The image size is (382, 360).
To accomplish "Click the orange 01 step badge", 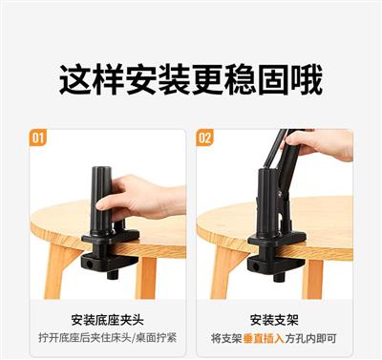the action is pos(37,138).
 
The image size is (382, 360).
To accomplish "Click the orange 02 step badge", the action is pos(204,138).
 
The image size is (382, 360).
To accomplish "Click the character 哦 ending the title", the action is pos(307,80).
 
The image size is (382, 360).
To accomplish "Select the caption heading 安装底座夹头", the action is pos(107,320).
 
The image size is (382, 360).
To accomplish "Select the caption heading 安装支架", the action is pos(274,320).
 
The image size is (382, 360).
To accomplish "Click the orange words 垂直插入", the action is pos(264,338).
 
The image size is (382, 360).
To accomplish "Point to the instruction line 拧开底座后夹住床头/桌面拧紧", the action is pos(108,338).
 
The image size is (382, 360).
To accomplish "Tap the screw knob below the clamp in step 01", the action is pos(113,274).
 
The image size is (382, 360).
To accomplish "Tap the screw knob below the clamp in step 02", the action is pos(278,276).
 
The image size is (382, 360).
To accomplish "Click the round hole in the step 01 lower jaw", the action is pos(89,264).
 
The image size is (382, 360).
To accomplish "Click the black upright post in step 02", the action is pos(268,203).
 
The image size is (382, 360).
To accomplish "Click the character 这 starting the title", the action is pos(76,80).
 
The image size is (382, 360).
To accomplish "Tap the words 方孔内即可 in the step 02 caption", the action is pos(311,338).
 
